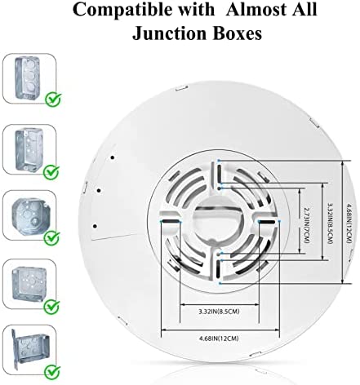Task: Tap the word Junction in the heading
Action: [x=169, y=33]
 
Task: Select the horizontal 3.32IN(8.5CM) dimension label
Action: [x=219, y=312]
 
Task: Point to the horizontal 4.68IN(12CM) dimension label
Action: [x=219, y=339]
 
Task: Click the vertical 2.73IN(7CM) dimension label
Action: [x=307, y=225]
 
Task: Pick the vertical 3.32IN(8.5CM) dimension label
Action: [x=330, y=223]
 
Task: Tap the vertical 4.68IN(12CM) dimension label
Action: [x=349, y=223]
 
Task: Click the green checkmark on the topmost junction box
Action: [x=53, y=100]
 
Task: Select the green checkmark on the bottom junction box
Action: [x=53, y=372]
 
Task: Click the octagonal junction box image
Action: [x=31, y=215]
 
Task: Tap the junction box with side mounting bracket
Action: [x=30, y=349]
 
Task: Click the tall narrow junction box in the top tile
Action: [x=27, y=78]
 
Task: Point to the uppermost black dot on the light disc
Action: [x=113, y=157]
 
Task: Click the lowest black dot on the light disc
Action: [x=95, y=226]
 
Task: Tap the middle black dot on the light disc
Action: [x=100, y=191]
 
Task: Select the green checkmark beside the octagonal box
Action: [x=52, y=238]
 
